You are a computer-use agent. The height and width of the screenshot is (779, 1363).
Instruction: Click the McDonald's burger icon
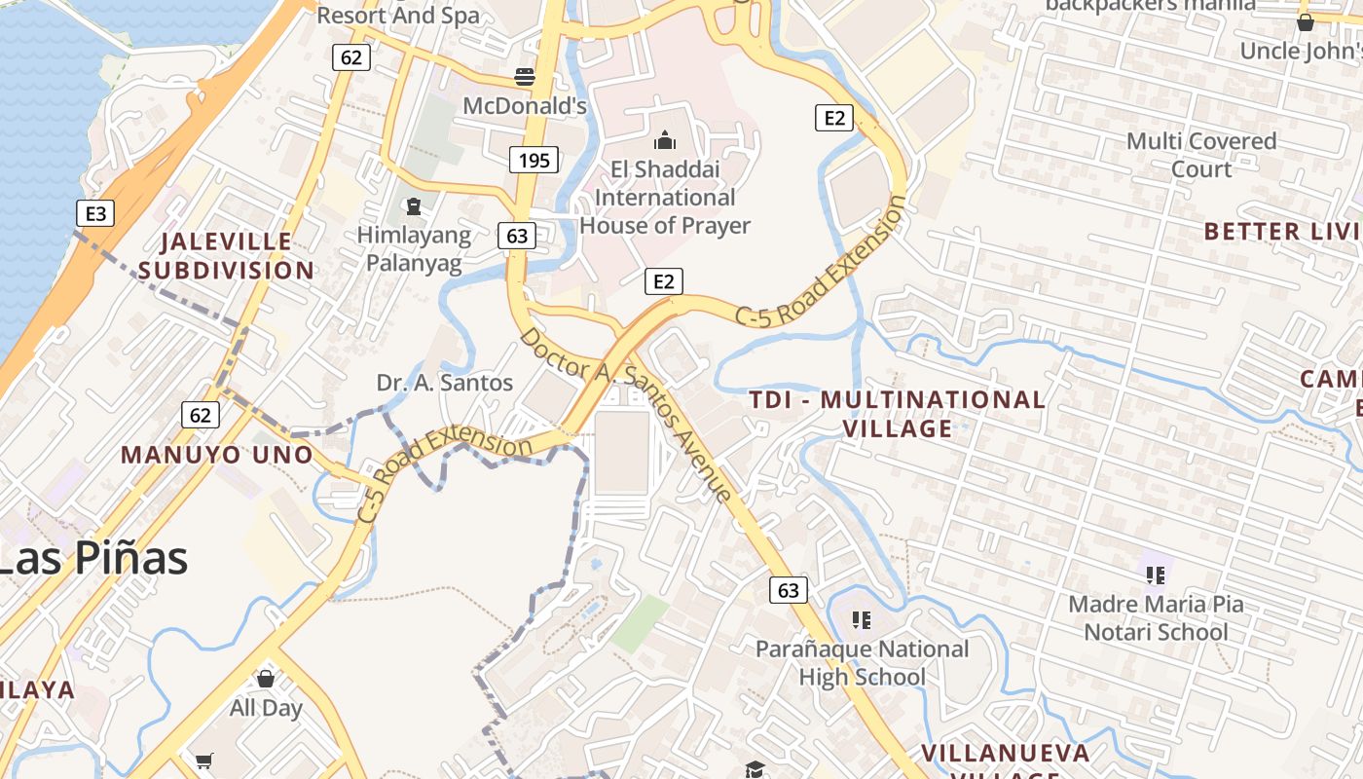pos(525,77)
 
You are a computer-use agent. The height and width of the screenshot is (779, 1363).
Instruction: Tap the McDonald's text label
pos(525,105)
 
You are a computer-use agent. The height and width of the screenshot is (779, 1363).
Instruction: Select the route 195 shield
pos(534,160)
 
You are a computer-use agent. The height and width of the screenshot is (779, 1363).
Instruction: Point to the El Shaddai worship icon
pos(665,141)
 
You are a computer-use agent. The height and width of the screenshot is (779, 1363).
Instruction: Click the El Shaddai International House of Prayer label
pos(665,198)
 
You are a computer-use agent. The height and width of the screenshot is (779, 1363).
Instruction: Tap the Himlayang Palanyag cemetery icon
pos(414,206)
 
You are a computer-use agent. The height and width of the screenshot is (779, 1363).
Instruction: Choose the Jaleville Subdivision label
pos(226,255)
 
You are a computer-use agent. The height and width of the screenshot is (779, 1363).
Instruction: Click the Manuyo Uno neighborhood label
pos(217,455)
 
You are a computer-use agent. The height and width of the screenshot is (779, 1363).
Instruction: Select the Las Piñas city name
pos(93,559)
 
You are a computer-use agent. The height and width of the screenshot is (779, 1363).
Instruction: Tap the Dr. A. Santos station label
pos(445,383)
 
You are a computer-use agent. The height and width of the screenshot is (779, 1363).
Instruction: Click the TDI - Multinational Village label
pos(897,414)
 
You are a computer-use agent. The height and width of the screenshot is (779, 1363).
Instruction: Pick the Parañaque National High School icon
pos(861,619)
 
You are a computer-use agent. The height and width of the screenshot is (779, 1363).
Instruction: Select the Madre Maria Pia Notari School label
pos(1156,618)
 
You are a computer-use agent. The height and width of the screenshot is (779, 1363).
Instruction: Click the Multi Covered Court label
pos(1201,155)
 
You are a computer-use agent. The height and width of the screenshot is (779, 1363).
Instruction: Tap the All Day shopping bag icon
pos(265,679)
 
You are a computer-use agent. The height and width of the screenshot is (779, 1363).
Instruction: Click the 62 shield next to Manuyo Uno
pos(200,416)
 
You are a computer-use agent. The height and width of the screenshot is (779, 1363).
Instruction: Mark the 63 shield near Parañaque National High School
pos(788,590)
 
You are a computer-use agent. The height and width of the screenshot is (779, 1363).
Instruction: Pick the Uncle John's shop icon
pos(1306,21)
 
